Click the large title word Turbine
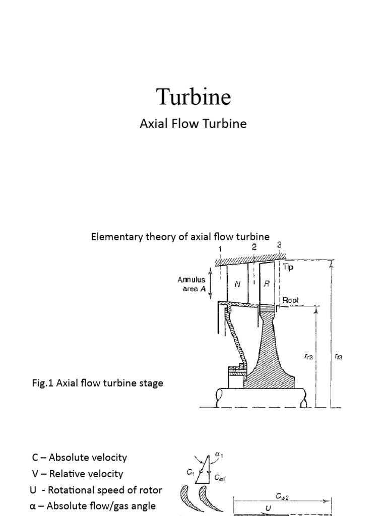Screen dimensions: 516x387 click(193, 96)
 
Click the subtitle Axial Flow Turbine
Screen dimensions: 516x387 click(193, 123)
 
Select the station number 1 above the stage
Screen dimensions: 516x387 click(220, 249)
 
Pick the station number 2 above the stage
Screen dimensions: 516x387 click(254, 247)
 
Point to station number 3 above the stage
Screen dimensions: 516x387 click(279, 245)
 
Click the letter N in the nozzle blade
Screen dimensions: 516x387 click(238, 284)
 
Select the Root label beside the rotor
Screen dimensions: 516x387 click(291, 300)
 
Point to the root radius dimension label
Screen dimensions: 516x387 click(308, 356)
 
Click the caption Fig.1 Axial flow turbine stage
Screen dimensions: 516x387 click(97, 383)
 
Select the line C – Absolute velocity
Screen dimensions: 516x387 click(79, 458)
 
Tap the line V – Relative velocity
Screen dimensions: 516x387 click(77, 474)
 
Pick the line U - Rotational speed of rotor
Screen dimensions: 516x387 click(96, 490)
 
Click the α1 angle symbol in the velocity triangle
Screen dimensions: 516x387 click(218, 455)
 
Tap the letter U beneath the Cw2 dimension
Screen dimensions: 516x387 click(268, 508)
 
